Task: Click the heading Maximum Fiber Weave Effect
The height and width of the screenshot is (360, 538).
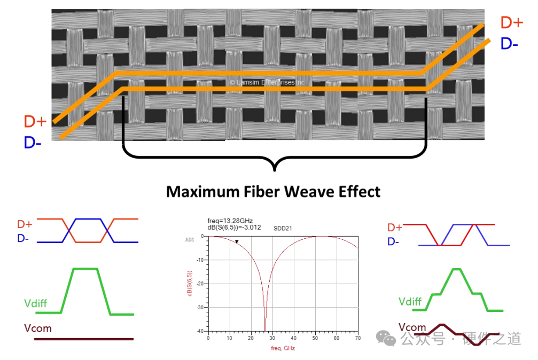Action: [273, 191]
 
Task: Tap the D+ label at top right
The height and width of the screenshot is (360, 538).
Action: [511, 23]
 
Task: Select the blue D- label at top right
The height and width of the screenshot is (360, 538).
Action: [509, 44]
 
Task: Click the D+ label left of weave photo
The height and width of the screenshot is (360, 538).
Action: [35, 122]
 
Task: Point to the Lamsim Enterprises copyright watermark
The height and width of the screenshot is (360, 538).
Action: [267, 83]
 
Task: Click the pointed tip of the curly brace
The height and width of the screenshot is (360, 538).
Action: [275, 170]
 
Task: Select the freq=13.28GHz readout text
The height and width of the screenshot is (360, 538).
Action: [230, 220]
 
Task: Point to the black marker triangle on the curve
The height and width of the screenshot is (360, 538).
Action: [236, 242]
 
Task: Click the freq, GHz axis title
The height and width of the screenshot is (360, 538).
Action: [283, 348]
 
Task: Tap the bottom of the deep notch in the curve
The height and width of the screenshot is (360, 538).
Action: [265, 330]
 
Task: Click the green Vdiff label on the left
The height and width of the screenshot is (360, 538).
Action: [36, 303]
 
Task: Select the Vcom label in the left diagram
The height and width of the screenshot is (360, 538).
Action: [37, 328]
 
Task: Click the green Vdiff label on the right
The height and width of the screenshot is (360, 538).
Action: [410, 301]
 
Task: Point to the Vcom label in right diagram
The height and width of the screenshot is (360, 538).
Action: [412, 327]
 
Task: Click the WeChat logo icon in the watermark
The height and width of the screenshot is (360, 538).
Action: [386, 338]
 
